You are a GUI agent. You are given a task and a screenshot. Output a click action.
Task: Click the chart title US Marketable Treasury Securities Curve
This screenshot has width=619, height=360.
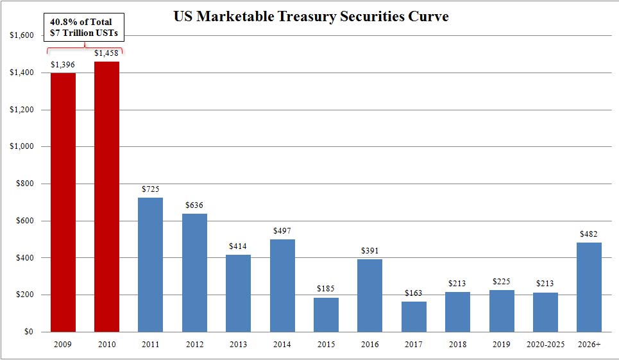pyautogui.click(x=311, y=17)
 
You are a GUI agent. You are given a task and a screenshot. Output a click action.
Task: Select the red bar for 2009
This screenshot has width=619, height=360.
pyautogui.click(x=63, y=202)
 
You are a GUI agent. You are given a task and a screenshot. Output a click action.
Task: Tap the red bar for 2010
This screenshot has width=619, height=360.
pyautogui.click(x=106, y=196)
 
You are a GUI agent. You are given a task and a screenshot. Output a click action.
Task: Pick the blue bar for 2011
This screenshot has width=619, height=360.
pyautogui.click(x=150, y=264)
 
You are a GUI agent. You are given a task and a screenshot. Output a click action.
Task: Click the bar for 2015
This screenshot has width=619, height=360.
pyautogui.click(x=326, y=314)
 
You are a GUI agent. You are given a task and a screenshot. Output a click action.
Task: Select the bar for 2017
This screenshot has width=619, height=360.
pyautogui.click(x=414, y=316)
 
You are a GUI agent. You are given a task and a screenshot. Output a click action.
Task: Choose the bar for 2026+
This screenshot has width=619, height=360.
pyautogui.click(x=589, y=287)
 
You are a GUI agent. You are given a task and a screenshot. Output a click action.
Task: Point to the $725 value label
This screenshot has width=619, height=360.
pyautogui.click(x=150, y=189)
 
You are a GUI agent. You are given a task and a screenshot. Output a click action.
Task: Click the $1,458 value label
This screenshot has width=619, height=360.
pyautogui.click(x=106, y=53)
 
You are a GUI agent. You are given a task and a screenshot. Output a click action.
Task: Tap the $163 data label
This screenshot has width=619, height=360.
pyautogui.click(x=414, y=293)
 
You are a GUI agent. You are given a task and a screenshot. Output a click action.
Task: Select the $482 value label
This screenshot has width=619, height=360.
pyautogui.click(x=589, y=234)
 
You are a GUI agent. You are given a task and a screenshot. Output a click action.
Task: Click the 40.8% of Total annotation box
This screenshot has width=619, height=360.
pyautogui.click(x=85, y=27)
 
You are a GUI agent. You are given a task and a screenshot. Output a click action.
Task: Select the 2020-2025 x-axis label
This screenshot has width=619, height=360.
pyautogui.click(x=545, y=345)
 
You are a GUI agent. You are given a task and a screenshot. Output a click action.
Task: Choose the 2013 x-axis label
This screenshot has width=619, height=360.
pyautogui.click(x=238, y=345)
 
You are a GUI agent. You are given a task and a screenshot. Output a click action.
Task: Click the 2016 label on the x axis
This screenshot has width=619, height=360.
pyautogui.click(x=369, y=345)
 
